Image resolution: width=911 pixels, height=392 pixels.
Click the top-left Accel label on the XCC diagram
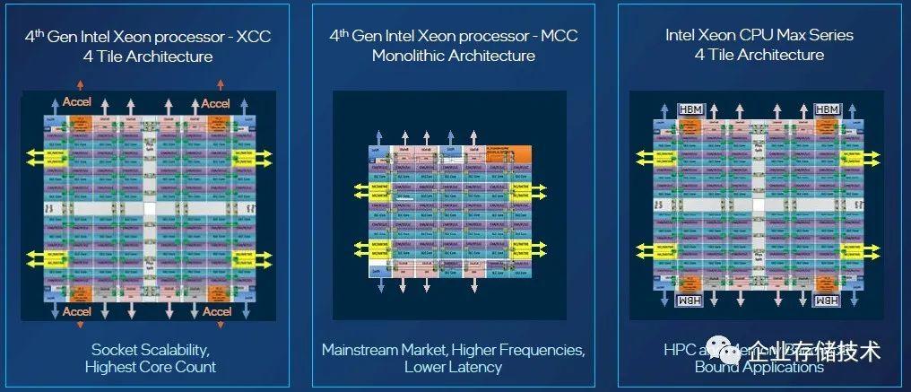tap(78, 103)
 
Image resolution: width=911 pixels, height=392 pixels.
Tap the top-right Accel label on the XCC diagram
tap(216, 103)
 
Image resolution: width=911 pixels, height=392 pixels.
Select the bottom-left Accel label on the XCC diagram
tap(78, 311)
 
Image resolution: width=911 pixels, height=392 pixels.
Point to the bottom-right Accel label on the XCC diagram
tap(216, 311)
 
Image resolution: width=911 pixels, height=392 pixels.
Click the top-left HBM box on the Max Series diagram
tap(691, 109)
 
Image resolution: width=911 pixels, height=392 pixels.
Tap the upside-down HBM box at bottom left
tap(691, 300)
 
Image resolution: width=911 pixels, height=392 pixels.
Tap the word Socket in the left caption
tap(113, 349)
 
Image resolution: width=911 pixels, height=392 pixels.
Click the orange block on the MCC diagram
tap(508, 153)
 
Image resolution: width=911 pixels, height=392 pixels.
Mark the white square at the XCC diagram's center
tap(149, 207)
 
